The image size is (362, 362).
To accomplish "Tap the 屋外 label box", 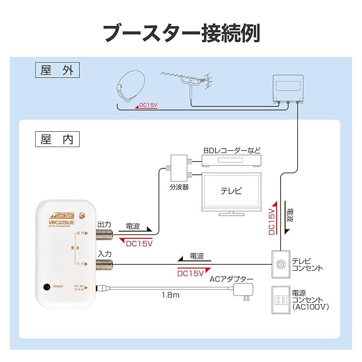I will (57, 71).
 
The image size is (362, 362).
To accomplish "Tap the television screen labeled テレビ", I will (231, 191).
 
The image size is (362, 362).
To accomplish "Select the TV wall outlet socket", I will (280, 264).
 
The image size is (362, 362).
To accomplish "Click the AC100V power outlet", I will (280, 300).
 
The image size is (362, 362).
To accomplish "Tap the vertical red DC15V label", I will (272, 221).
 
